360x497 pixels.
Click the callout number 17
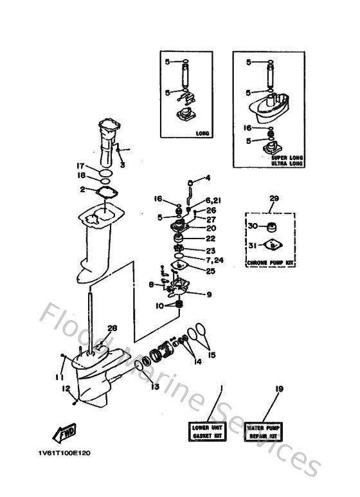(x=81, y=165)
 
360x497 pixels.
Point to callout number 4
(x=208, y=177)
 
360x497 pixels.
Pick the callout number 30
(x=252, y=226)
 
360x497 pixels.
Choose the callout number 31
(x=252, y=245)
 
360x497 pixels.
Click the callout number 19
(x=278, y=388)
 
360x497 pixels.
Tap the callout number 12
(x=66, y=388)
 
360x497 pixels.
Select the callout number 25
(x=211, y=271)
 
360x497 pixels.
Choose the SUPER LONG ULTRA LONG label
(x=288, y=159)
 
